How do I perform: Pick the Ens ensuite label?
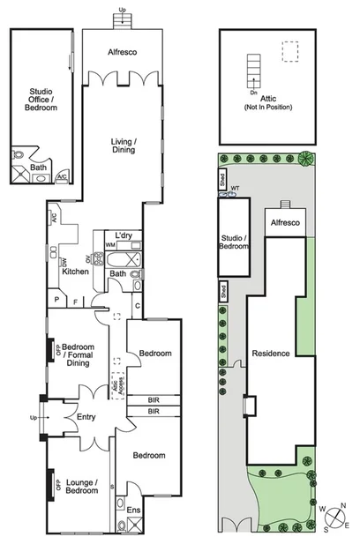(x=133, y=510)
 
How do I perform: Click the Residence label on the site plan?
(x=270, y=354)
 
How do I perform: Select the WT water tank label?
(x=235, y=189)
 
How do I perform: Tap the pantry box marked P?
(x=56, y=301)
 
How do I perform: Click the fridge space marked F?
(x=75, y=301)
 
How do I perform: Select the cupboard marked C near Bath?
(x=139, y=305)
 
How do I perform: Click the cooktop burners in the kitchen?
(x=98, y=259)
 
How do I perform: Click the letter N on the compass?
(x=344, y=505)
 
